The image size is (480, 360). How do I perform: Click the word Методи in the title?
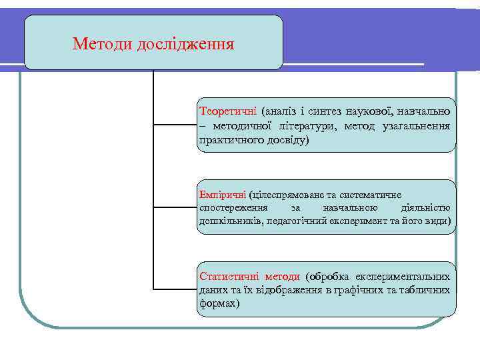click(x=102, y=45)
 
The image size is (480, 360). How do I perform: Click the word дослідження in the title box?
click(x=185, y=45)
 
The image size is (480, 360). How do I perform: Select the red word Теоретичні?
click(x=227, y=109)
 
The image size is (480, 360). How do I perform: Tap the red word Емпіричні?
click(x=223, y=195)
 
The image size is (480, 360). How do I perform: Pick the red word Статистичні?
click(x=229, y=276)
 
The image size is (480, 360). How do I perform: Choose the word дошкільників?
click(x=230, y=221)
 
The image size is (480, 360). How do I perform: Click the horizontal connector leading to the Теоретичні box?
click(x=175, y=125)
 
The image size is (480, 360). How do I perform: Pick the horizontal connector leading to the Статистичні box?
click(x=175, y=289)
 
